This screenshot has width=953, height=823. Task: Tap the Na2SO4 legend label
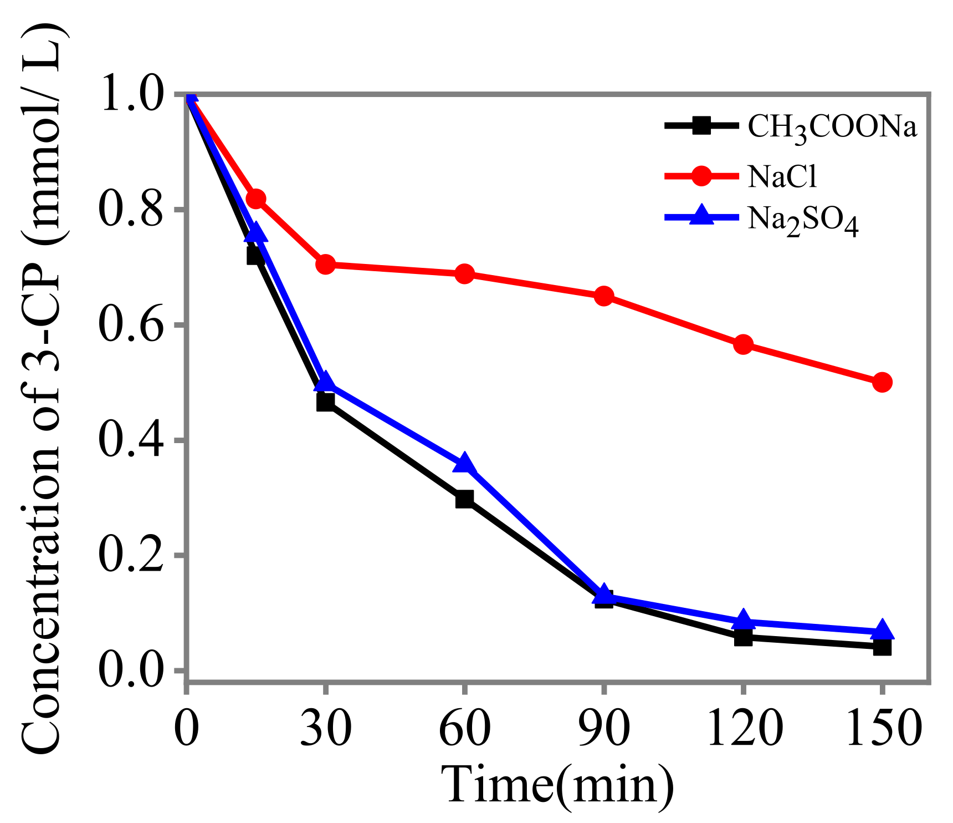tap(803, 220)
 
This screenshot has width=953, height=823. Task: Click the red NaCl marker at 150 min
tap(882, 382)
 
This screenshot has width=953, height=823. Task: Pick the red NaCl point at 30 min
tap(326, 265)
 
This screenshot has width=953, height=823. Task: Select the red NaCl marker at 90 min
tap(604, 296)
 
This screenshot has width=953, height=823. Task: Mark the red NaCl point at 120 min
tap(743, 344)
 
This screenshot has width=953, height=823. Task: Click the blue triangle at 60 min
tap(464, 463)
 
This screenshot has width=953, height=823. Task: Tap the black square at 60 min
tap(464, 499)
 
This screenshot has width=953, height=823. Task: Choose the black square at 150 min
tap(882, 647)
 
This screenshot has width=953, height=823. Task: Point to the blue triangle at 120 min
tap(743, 621)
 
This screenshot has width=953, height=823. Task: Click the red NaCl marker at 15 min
tap(255, 199)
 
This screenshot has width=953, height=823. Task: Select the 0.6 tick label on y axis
tap(131, 326)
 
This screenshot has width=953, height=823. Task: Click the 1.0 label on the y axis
tap(131, 95)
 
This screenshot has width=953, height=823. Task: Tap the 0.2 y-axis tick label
tap(131, 556)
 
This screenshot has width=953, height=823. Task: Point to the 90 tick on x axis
tap(604, 727)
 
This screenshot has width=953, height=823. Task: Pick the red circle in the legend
tap(701, 176)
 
